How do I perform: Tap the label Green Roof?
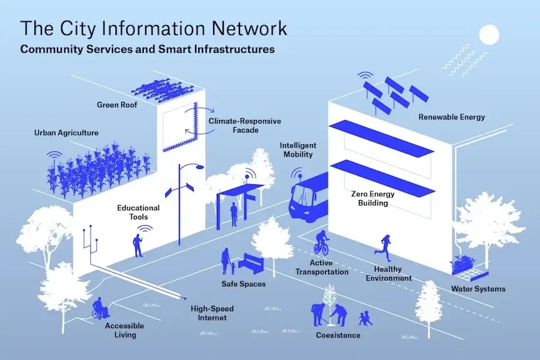(x=117, y=104)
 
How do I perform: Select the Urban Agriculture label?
(x=66, y=132)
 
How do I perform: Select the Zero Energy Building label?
(x=373, y=198)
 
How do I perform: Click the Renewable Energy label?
(x=451, y=117)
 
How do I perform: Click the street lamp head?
(x=197, y=167)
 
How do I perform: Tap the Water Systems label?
(x=478, y=289)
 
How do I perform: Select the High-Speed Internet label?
(x=209, y=312)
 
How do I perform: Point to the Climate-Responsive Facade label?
(x=244, y=125)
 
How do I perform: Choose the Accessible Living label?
(x=124, y=330)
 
